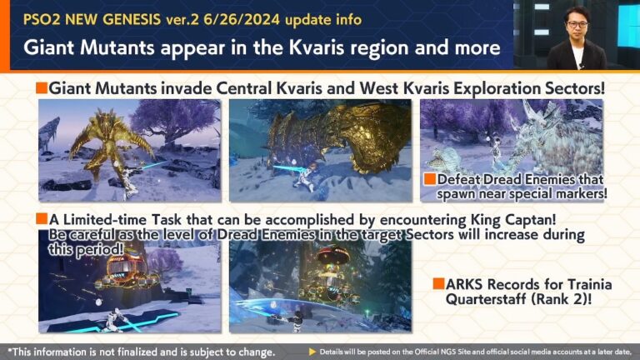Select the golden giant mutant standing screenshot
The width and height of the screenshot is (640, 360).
coord(129,151)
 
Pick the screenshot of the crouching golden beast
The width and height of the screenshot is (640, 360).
coord(320,151)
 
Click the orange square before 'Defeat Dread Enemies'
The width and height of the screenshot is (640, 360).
coord(429,180)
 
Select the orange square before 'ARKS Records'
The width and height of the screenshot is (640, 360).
coord(437,283)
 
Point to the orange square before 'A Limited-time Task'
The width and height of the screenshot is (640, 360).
coord(41,219)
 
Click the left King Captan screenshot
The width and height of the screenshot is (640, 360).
coord(129,287)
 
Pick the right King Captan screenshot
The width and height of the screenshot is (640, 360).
coord(320,287)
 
